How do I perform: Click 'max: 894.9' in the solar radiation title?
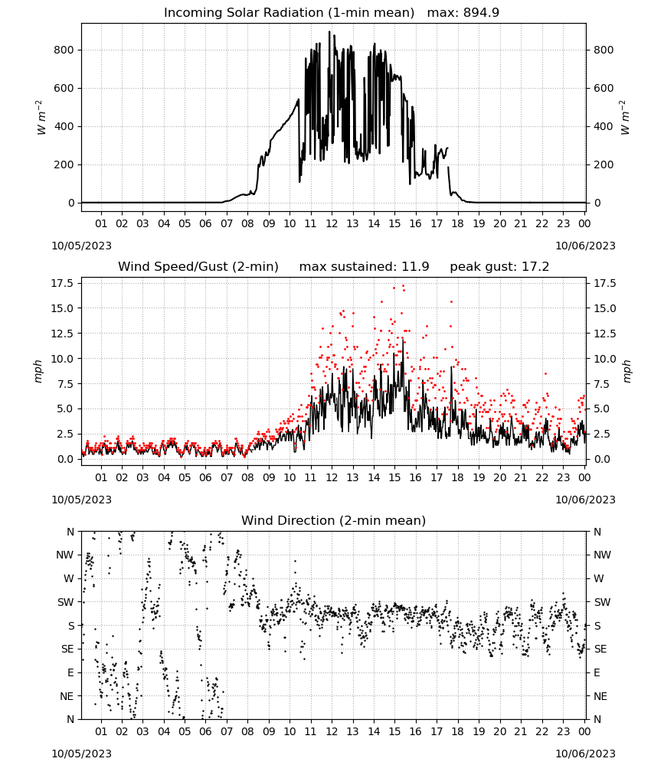(x=463, y=13)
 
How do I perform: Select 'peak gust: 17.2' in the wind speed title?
(x=499, y=267)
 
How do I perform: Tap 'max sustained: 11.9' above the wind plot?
(x=365, y=267)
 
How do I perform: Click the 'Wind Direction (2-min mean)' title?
(x=334, y=520)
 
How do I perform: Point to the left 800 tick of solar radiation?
(x=64, y=50)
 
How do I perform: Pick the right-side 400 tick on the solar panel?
(x=604, y=126)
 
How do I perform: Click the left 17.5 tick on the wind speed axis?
(x=63, y=284)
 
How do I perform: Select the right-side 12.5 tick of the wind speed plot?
(x=604, y=334)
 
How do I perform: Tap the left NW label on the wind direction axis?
(x=65, y=555)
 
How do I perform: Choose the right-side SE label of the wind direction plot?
(x=600, y=649)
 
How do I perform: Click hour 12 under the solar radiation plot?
(x=332, y=223)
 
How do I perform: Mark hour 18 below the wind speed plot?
(x=457, y=477)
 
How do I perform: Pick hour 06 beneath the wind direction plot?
(x=205, y=732)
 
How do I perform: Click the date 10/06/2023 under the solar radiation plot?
(x=585, y=246)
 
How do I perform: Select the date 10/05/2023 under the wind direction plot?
(x=81, y=754)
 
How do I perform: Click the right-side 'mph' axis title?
(x=627, y=371)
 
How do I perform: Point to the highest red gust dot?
(x=403, y=285)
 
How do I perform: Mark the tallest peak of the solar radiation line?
(x=329, y=31)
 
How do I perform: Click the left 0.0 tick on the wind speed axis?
(x=66, y=460)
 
